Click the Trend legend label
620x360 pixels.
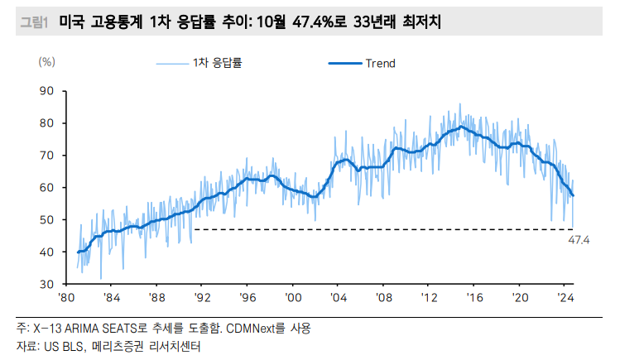(380, 64)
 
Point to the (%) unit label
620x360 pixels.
(47, 62)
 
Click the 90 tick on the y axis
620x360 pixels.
(47, 91)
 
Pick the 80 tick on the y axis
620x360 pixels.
(47, 123)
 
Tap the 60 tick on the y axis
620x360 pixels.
(47, 188)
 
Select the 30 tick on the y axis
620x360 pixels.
(47, 284)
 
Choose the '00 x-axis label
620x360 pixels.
(293, 297)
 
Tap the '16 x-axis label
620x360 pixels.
(473, 297)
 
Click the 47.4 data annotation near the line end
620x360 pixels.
(577, 240)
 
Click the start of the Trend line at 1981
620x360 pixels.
(78, 252)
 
